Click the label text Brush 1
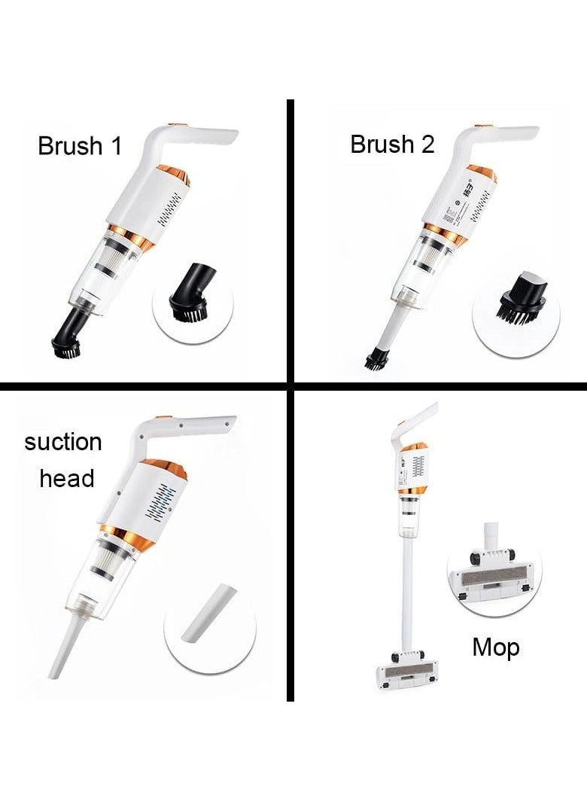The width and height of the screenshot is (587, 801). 79,146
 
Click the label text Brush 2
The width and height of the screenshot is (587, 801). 392,144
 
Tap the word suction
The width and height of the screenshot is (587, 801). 62,442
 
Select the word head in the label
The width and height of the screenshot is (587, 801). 66,478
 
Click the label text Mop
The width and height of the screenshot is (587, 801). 495,647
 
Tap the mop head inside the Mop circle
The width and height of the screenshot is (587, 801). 493,580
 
